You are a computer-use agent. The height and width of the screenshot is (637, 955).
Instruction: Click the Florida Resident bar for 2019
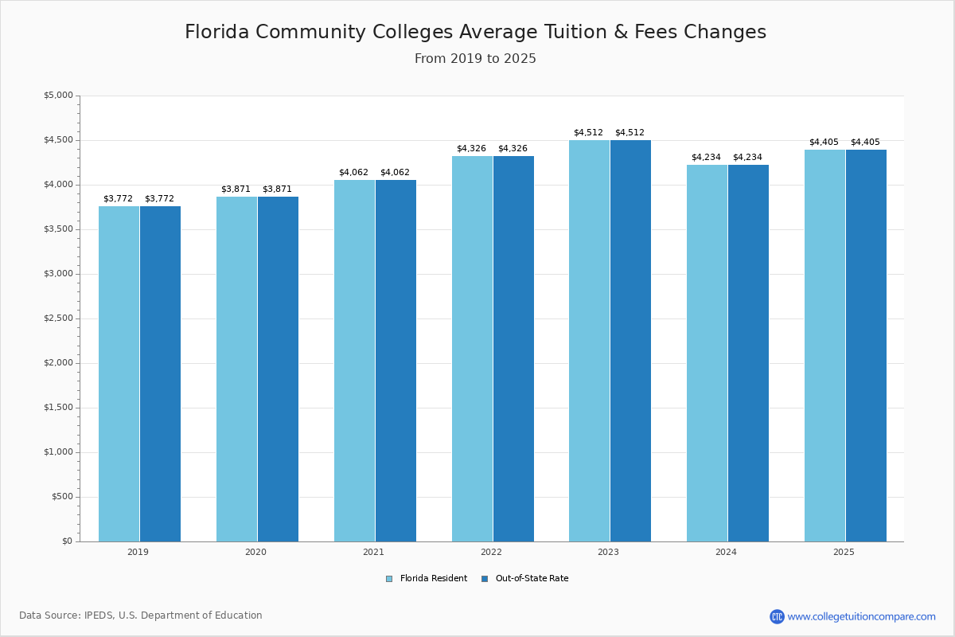(119, 374)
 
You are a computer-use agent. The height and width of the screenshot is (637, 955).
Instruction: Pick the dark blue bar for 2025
(866, 346)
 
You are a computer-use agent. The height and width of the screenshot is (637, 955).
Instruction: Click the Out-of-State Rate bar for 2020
(278, 369)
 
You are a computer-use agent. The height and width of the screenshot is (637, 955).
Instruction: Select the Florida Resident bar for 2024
(707, 354)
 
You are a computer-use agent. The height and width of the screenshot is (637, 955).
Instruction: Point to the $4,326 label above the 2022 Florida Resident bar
(471, 149)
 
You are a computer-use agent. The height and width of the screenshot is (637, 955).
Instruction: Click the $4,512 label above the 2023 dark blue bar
(630, 133)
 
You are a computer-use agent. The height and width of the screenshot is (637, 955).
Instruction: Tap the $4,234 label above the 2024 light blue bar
(706, 158)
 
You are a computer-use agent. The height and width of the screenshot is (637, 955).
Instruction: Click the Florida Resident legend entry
(427, 579)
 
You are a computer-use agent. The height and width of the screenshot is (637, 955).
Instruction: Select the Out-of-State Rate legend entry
(525, 579)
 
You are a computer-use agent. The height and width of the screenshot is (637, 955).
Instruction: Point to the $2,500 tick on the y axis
(58, 318)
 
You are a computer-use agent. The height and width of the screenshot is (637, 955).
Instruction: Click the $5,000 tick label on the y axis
(58, 96)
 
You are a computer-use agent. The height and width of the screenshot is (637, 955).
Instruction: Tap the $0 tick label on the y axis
(67, 541)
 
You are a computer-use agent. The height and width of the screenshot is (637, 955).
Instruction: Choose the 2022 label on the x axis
(491, 552)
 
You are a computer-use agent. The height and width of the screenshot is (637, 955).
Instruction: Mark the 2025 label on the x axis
(844, 552)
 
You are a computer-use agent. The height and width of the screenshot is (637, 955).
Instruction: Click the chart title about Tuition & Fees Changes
(475, 33)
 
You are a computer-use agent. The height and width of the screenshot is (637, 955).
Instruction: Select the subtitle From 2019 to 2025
(475, 59)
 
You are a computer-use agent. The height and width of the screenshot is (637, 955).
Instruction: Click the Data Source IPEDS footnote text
(141, 616)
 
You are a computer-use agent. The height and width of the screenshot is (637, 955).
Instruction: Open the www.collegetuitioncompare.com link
(861, 616)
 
